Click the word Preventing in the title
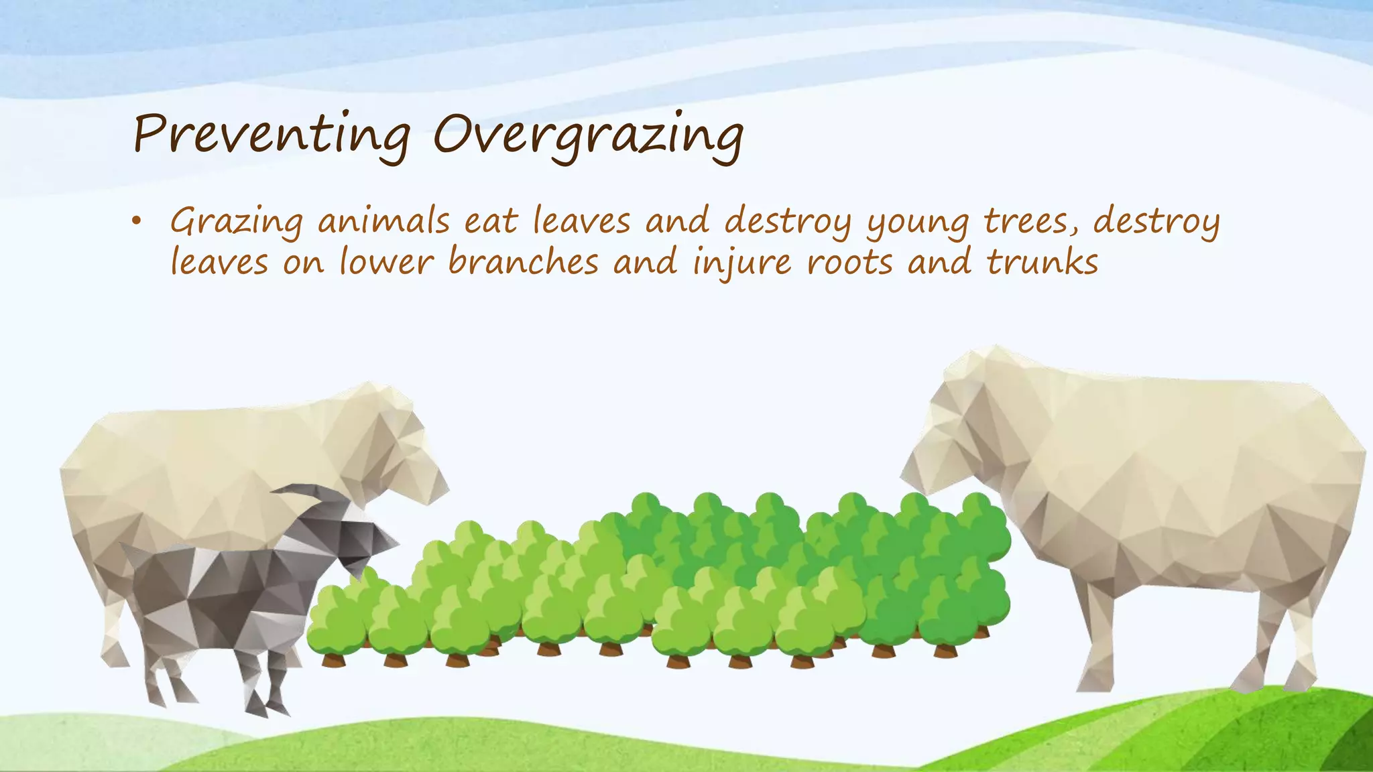click(x=272, y=134)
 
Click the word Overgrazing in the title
click(x=588, y=134)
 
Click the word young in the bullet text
click(x=917, y=223)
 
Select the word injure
click(x=742, y=262)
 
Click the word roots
click(x=849, y=262)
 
